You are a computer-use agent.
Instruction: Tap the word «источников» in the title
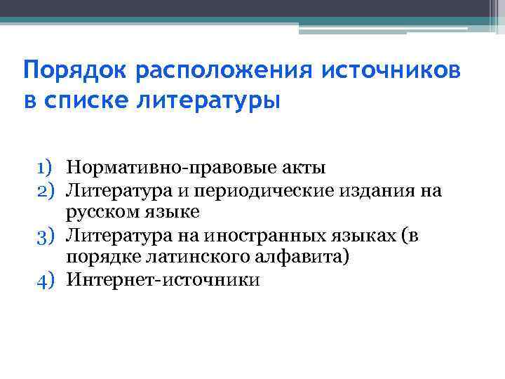tap(392, 71)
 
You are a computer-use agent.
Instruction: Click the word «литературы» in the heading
tap(213, 100)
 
